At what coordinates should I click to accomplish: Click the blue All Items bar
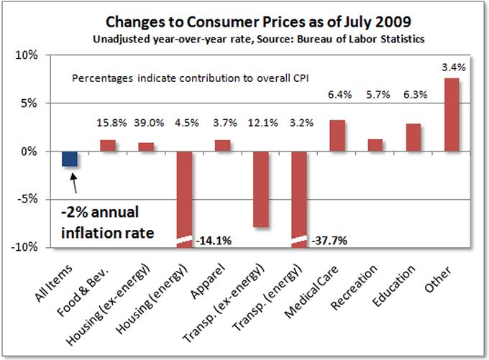pyautogui.click(x=70, y=159)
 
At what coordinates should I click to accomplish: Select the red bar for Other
pyautogui.click(x=452, y=115)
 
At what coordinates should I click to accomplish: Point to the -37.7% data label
pyautogui.click(x=329, y=241)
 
